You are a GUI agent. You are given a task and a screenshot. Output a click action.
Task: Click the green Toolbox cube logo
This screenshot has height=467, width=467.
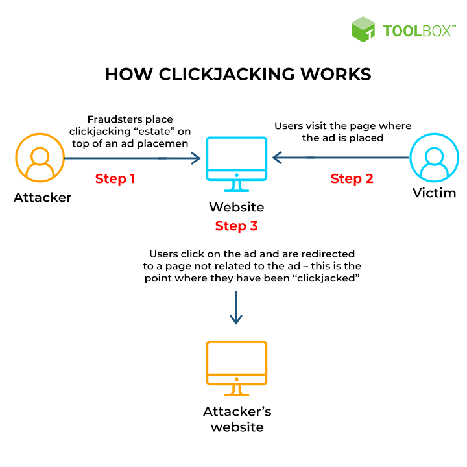[x=363, y=30]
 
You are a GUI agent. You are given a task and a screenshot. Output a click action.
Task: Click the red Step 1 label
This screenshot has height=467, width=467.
[x=115, y=178]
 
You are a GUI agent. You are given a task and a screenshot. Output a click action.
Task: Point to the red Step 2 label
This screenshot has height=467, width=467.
[x=352, y=178]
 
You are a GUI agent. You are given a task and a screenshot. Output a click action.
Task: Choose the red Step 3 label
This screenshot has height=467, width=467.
[x=236, y=226]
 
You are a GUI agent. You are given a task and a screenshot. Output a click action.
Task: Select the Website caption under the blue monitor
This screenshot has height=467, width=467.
[x=236, y=208]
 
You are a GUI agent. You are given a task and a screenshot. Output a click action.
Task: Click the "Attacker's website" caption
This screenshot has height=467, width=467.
[x=237, y=419]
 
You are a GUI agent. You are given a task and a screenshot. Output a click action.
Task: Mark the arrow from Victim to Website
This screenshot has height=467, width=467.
[x=341, y=157]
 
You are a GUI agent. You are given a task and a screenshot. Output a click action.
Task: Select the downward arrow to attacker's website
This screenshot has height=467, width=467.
[x=236, y=307]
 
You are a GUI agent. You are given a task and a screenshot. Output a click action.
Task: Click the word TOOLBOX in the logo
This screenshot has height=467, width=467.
[x=416, y=30]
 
